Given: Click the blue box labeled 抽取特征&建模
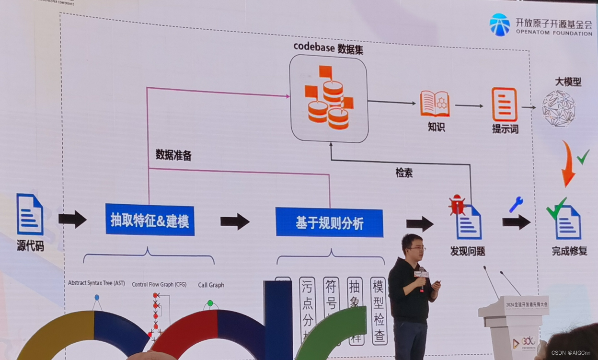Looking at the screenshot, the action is pyautogui.click(x=150, y=220).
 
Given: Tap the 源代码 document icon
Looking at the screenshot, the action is pyautogui.click(x=30, y=214).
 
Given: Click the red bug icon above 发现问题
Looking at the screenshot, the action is pyautogui.click(x=456, y=205).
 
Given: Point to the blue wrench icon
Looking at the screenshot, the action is pyautogui.click(x=516, y=205).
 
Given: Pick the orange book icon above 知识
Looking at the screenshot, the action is pyautogui.click(x=435, y=104).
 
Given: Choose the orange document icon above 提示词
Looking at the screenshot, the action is pyautogui.click(x=505, y=105).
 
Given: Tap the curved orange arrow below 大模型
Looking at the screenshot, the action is pyautogui.click(x=568, y=163).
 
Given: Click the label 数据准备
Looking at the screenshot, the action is pyautogui.click(x=173, y=154).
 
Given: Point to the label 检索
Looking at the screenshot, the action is pyautogui.click(x=404, y=173).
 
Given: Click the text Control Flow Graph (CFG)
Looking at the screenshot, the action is pyautogui.click(x=159, y=284).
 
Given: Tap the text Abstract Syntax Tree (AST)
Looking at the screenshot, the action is pyautogui.click(x=96, y=283).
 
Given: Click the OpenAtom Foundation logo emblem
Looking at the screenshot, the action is pyautogui.click(x=500, y=25).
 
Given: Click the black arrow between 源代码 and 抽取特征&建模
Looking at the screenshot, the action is pyautogui.click(x=72, y=219).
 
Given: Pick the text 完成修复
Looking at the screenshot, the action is pyautogui.click(x=569, y=251).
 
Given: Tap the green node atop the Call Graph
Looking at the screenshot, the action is pyautogui.click(x=210, y=303).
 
